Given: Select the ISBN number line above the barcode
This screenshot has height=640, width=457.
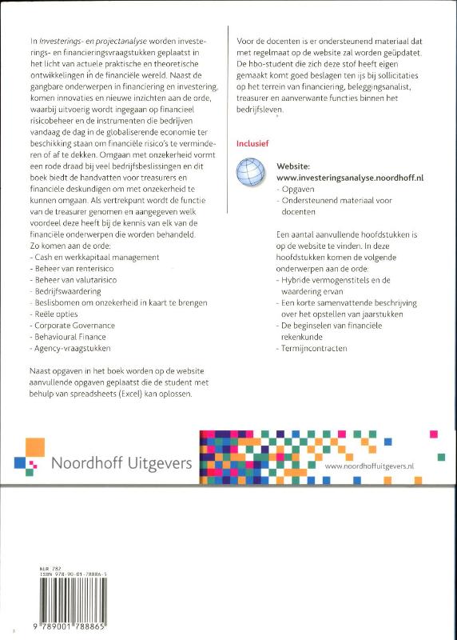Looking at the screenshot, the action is click(72, 574).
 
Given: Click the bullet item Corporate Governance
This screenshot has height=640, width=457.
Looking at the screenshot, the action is click(76, 326).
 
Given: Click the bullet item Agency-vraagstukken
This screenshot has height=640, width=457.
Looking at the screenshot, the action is click(71, 349).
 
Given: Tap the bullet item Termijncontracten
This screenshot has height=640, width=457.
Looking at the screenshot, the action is click(315, 349).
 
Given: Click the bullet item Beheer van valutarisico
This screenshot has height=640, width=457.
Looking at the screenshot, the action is click(77, 280).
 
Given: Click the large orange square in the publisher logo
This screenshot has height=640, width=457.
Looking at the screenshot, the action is click(34, 446).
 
